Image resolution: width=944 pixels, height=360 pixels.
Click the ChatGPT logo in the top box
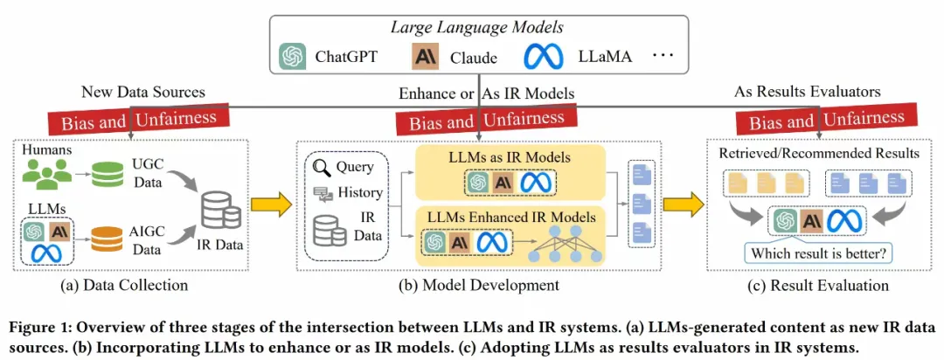[291, 58]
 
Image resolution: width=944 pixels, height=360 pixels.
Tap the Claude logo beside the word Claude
[424, 58]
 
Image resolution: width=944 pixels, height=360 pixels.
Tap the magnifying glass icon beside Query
[323, 166]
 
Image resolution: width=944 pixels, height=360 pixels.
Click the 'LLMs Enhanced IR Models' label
[496, 216]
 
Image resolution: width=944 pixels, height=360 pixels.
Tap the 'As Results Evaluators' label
[808, 92]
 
